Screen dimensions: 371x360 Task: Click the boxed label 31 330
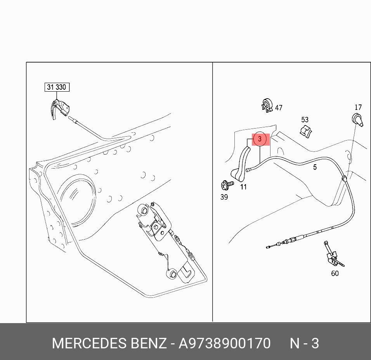(57, 87)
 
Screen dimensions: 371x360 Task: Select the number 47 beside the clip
(279, 108)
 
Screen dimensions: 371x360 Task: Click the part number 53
(305, 120)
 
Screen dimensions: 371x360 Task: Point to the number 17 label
(358, 108)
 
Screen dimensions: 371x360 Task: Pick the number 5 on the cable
(315, 167)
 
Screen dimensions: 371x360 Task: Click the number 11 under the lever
(243, 187)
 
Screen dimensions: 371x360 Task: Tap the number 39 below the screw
(224, 197)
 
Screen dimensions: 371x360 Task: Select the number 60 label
(335, 273)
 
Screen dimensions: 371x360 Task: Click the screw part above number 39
(225, 184)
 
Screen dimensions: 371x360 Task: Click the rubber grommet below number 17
(358, 120)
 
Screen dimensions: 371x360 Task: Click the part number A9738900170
(224, 344)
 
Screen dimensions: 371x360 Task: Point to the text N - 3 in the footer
(305, 344)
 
